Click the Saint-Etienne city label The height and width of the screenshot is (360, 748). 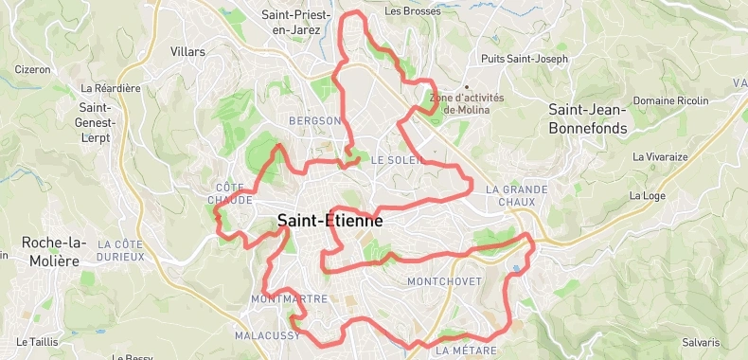(x=329, y=222)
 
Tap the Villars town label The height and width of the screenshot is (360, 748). (x=187, y=52)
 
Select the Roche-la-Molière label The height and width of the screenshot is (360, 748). (x=49, y=250)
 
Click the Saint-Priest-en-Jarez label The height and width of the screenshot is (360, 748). (x=295, y=22)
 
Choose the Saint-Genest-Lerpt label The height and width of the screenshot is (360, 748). (x=97, y=122)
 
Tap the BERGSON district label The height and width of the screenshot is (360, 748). (x=314, y=121)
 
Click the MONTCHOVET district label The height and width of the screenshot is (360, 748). (x=444, y=282)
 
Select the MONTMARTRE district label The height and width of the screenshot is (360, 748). (x=290, y=299)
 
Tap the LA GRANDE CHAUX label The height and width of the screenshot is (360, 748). (x=516, y=195)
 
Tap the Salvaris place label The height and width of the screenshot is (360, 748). (x=700, y=342)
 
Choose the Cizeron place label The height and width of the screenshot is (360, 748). (x=32, y=69)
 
